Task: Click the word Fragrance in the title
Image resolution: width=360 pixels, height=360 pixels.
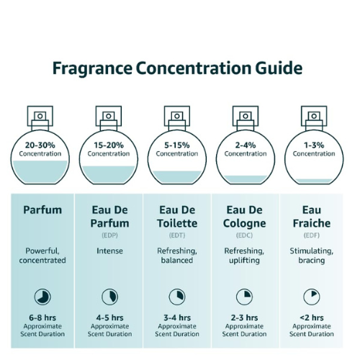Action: (92, 69)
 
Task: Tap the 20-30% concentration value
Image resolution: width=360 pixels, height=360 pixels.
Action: (40, 145)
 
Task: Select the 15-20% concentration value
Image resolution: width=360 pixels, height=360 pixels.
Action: (109, 145)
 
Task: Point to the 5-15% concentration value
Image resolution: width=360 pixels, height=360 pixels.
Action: (177, 145)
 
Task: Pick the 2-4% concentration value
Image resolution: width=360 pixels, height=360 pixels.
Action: (246, 145)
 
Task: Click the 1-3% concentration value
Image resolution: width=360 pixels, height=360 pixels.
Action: (314, 145)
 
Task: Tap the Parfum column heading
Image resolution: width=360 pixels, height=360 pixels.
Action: (42, 210)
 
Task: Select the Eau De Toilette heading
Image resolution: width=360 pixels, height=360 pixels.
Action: (177, 217)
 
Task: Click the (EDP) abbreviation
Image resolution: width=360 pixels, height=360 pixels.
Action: (109, 235)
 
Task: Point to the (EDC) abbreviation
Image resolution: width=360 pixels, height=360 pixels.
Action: (244, 235)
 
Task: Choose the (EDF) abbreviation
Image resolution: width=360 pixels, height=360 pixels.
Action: (312, 235)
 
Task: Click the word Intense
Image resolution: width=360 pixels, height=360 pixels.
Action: (109, 251)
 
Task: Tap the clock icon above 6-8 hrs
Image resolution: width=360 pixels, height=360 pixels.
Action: (42, 297)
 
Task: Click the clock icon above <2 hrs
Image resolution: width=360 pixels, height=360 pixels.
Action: (312, 297)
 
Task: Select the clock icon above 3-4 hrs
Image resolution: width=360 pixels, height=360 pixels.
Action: (177, 297)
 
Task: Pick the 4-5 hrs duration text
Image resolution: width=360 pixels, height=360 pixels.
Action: (109, 318)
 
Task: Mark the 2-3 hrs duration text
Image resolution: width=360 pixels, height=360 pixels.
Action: (244, 318)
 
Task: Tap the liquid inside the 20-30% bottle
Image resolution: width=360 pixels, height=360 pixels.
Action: (40, 171)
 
